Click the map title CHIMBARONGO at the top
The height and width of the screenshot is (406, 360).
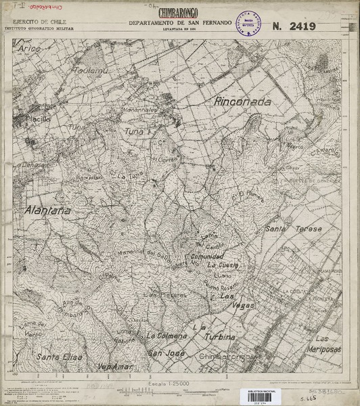[179, 13]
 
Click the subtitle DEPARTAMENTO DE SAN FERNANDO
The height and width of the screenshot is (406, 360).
[180, 23]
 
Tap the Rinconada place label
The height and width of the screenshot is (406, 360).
[242, 101]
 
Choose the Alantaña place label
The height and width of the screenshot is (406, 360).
[47, 210]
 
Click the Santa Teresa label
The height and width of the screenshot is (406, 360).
[287, 230]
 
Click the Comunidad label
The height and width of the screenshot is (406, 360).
[206, 257]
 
